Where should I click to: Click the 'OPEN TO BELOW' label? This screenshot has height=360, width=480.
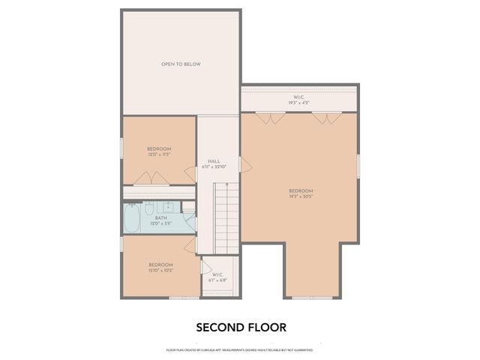(181, 64)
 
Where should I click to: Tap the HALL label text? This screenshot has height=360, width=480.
(213, 161)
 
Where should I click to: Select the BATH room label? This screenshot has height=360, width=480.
(160, 218)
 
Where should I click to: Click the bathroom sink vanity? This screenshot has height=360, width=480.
(159, 206)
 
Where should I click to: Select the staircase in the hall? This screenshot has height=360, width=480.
(226, 217)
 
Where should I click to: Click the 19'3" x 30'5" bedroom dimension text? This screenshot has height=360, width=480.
(300, 196)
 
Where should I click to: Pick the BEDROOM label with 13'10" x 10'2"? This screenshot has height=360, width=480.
(160, 267)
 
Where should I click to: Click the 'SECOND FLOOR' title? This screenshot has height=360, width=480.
(241, 327)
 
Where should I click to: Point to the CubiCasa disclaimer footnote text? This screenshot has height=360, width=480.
(239, 349)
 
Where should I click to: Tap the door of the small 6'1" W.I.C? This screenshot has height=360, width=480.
(206, 265)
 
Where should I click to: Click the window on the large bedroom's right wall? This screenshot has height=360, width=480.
(358, 165)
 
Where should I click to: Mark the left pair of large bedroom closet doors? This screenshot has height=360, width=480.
(265, 118)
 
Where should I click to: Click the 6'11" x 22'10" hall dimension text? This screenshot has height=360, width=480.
(213, 167)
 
